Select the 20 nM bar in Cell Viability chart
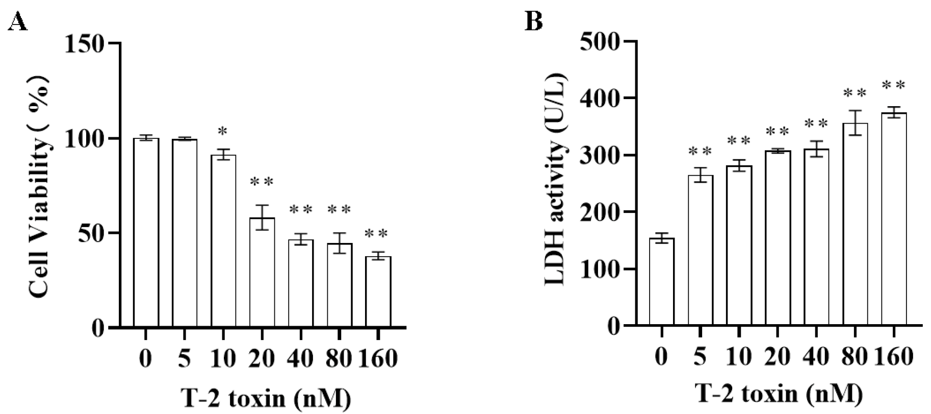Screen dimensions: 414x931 (x=262, y=273)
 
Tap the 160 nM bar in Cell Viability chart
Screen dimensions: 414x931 (x=378, y=292)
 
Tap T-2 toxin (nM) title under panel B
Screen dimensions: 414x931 (x=780, y=395)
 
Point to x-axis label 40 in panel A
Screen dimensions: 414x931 (x=300, y=359)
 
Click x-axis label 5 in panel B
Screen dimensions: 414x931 (x=700, y=357)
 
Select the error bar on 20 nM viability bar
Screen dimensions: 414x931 (x=262, y=217)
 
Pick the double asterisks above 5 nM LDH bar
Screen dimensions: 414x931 (x=700, y=152)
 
